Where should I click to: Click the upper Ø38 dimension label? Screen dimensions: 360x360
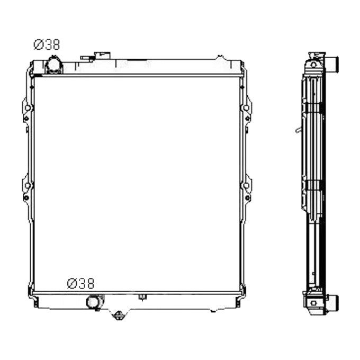click(x=47, y=45)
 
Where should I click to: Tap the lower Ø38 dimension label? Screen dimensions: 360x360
click(x=80, y=284)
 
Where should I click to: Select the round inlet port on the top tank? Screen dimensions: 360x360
click(x=54, y=65)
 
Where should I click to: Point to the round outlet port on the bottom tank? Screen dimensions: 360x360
click(x=93, y=302)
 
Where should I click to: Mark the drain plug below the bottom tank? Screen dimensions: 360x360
click(x=119, y=316)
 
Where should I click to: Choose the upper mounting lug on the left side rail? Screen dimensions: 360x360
click(x=26, y=110)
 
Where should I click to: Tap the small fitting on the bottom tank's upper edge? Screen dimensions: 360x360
click(x=141, y=296)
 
